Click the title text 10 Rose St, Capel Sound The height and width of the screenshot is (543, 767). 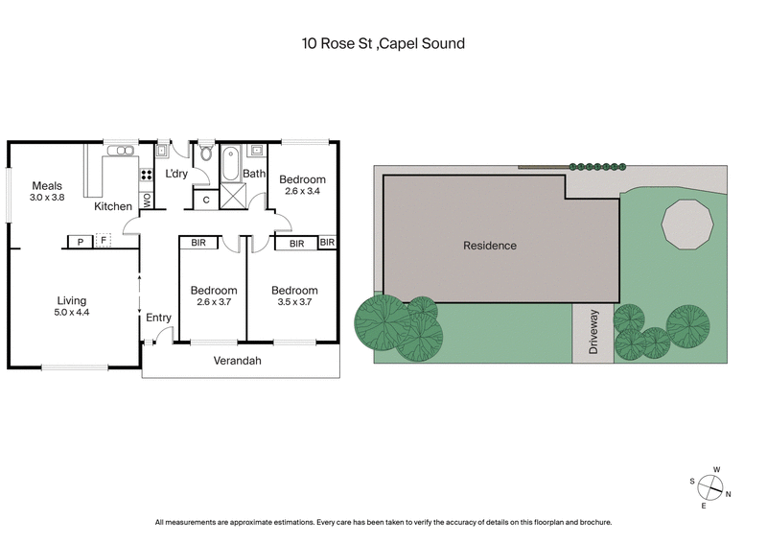[x=383, y=43]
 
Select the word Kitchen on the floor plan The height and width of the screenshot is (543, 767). [x=112, y=206]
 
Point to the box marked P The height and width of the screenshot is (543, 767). [x=80, y=242]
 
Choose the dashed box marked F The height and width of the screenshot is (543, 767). [x=103, y=242]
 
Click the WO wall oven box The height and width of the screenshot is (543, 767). [x=147, y=201]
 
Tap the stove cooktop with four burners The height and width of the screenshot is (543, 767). [x=147, y=176]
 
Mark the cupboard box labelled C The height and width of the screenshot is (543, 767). [x=205, y=200]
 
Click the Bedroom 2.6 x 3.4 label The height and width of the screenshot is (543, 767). [x=302, y=185]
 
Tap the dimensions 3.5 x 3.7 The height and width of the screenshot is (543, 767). [x=293, y=302]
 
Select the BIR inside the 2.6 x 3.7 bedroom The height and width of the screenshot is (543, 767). [x=199, y=244]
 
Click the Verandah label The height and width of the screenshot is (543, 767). [x=237, y=362]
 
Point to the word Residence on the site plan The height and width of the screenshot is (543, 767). [x=490, y=246]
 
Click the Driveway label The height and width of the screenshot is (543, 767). [x=593, y=333]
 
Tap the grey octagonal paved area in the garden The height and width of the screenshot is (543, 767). [x=687, y=223]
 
